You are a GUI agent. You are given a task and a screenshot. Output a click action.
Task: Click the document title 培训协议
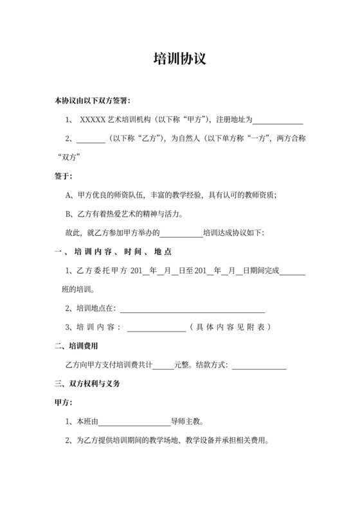click(179, 59)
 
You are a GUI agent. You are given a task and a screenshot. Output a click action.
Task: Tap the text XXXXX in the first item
click(92, 120)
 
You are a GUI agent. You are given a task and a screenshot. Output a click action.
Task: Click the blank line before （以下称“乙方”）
click(91, 138)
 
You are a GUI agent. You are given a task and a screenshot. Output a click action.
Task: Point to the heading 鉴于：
click(64, 175)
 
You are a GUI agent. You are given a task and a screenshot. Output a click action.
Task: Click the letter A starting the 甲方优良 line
click(69, 194)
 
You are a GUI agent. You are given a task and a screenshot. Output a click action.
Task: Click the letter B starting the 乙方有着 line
click(69, 213)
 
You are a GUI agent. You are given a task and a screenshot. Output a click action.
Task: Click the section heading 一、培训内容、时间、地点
click(113, 251)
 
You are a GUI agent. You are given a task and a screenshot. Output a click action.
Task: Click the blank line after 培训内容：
click(157, 327)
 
